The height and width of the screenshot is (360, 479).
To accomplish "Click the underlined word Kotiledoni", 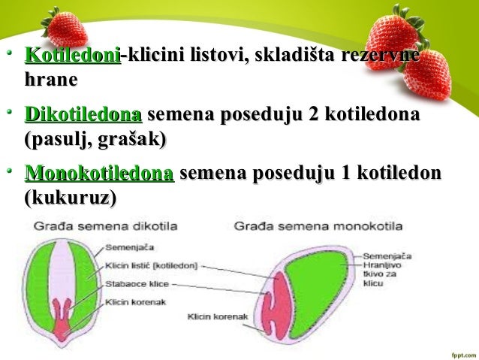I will tap(73, 56).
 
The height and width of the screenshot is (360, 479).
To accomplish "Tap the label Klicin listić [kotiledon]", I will tap(152, 265).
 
